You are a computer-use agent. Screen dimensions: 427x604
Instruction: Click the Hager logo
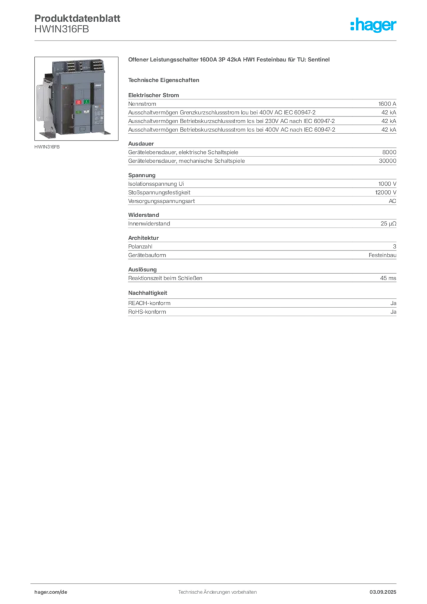373,25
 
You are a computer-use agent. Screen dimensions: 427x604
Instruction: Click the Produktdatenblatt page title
77,18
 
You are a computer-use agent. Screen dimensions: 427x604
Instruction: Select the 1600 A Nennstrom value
387,104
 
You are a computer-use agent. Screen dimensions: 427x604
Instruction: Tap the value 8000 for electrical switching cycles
389,152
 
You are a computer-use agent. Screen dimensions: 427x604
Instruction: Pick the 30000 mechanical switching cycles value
387,160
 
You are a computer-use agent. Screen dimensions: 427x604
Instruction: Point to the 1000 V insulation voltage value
387,184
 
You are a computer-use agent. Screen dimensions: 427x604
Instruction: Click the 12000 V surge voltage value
386,192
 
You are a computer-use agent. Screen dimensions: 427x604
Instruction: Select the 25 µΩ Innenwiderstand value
388,224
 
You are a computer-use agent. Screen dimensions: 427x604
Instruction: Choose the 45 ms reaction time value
388,278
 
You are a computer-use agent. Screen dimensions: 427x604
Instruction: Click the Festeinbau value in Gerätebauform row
382,255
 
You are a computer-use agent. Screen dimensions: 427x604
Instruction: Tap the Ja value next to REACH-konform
393,303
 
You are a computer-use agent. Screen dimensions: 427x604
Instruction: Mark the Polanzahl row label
140,247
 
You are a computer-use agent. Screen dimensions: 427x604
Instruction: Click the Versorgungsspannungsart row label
162,201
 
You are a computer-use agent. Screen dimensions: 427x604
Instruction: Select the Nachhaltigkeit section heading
147,293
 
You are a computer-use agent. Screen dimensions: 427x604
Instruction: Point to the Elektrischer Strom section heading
153,95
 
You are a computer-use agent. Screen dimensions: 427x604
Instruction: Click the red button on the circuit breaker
78,102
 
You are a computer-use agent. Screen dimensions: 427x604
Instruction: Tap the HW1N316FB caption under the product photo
47,147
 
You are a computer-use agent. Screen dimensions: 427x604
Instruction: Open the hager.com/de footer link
51,592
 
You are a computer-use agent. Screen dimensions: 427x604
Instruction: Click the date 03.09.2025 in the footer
383,592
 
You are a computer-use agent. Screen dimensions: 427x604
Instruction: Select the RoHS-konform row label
147,311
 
